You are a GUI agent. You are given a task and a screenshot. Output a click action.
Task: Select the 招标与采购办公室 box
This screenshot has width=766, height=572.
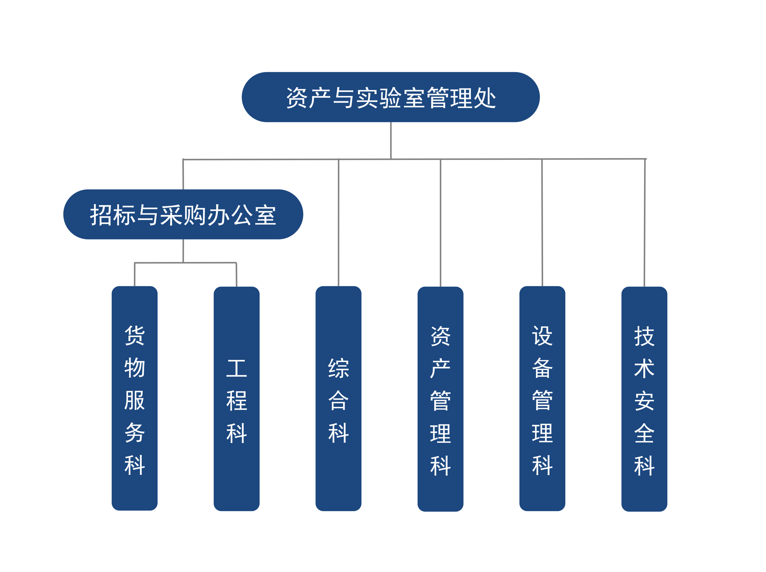(x=183, y=214)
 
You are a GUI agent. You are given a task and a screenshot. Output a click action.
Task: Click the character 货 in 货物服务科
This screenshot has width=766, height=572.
(x=135, y=335)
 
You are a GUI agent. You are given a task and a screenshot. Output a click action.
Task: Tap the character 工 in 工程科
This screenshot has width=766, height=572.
(x=236, y=368)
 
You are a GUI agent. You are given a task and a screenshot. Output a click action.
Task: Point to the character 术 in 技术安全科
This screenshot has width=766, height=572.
(x=644, y=368)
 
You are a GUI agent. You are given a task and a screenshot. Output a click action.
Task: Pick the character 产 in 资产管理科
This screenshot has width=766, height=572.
(x=440, y=368)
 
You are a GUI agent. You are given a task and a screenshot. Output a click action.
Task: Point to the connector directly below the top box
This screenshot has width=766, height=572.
(x=391, y=140)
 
